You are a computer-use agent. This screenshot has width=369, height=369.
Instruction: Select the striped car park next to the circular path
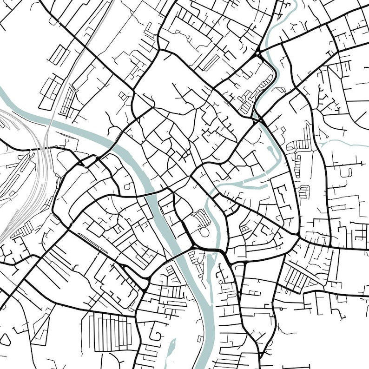[201, 216]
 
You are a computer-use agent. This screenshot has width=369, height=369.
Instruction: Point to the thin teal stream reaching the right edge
[349, 144]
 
